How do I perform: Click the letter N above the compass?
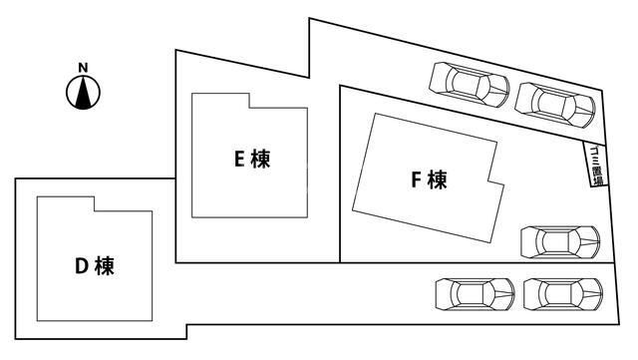coord(84,68)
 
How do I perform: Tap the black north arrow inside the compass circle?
coord(84,93)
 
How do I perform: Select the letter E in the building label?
coord(239,158)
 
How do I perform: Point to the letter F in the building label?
coord(416,180)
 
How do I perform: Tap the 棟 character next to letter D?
coord(104,266)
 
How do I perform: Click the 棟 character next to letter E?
coord(260,158)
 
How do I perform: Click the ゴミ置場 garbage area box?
coord(594,163)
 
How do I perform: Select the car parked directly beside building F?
coord(559,241)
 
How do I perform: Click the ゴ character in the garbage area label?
coord(594,146)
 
